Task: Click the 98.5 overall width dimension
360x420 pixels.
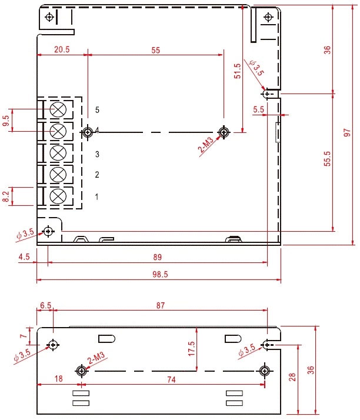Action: (x=160, y=274)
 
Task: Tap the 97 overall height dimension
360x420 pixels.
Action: (x=347, y=132)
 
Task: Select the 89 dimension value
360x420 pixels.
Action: (x=158, y=257)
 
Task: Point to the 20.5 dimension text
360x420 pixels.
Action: (x=62, y=49)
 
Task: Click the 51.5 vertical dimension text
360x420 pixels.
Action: (x=237, y=71)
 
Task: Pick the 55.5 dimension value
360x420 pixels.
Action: (x=327, y=159)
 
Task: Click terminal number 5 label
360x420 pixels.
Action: (x=97, y=110)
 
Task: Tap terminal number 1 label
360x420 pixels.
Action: (x=96, y=197)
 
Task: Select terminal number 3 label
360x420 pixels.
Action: (x=97, y=154)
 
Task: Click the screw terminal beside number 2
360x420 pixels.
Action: (x=58, y=174)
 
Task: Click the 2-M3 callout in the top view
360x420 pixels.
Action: (x=206, y=145)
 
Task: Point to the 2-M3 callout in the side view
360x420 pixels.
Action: (x=96, y=358)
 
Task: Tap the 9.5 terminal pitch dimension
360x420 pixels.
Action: (x=6, y=121)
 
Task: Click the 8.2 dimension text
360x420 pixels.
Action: (x=6, y=196)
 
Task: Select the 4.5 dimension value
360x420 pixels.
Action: (x=24, y=257)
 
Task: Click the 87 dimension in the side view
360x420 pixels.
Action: (x=161, y=305)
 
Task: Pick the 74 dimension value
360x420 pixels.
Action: (x=171, y=379)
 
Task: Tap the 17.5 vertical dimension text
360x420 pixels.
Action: (x=192, y=348)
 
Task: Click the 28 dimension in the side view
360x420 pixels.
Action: (x=292, y=377)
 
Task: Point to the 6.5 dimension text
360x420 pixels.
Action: (x=45, y=305)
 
